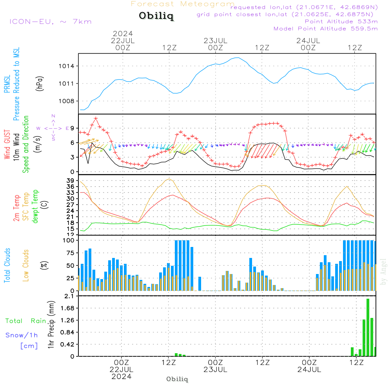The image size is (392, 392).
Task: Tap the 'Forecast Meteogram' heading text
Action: click(183, 4)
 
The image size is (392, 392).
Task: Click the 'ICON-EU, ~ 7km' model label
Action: click(50, 21)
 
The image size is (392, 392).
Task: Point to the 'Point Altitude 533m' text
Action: click(341, 21)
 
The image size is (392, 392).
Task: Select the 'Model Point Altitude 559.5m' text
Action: click(325, 28)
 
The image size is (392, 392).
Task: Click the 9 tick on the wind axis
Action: click(73, 128)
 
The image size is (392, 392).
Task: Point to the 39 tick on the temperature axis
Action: click(71, 180)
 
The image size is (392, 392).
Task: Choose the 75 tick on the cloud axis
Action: click(71, 253)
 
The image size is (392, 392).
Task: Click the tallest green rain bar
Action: click(368, 327)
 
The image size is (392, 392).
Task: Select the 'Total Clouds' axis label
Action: click(7, 265)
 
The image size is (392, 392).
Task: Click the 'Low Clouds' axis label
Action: click(26, 265)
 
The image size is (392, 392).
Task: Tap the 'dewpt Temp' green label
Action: click(35, 207)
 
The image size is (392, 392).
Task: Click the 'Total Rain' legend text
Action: click(26, 321)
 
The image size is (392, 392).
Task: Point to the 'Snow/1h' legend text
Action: click(22, 335)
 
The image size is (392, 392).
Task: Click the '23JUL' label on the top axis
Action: click(215, 40)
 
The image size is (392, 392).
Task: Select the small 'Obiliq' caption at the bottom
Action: click(177, 379)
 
